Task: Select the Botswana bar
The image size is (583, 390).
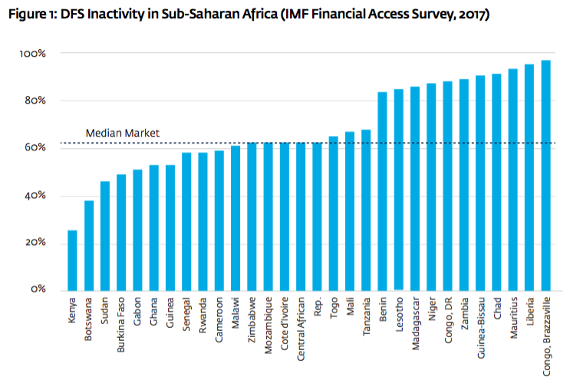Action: click(89, 245)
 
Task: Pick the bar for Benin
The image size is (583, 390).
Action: click(382, 191)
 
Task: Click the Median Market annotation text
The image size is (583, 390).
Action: click(122, 133)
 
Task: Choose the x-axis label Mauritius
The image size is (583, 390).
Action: click(513, 318)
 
